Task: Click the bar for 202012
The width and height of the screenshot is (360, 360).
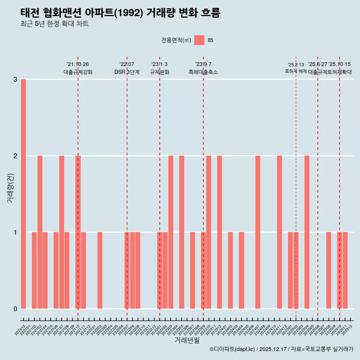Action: (x=23, y=194)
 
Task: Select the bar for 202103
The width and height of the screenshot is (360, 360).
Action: (x=40, y=232)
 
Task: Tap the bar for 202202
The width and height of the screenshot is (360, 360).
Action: (x=100, y=270)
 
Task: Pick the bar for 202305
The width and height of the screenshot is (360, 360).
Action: (x=181, y=232)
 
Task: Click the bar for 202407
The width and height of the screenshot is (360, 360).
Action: (x=258, y=232)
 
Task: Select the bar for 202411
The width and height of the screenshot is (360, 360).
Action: (x=279, y=232)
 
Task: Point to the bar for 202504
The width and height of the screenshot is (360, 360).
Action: (x=307, y=232)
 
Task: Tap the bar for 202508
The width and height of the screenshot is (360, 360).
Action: (x=328, y=270)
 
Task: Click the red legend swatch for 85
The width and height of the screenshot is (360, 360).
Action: (x=199, y=40)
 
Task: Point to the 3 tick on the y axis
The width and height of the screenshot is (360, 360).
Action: (x=15, y=79)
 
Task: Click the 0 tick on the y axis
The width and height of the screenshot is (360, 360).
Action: (x=15, y=309)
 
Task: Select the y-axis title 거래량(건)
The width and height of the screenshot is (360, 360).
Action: (x=10, y=187)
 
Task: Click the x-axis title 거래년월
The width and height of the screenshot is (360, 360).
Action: (x=187, y=340)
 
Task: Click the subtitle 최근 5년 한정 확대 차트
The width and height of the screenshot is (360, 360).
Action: (x=54, y=24)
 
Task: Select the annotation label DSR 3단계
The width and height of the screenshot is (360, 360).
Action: (x=127, y=72)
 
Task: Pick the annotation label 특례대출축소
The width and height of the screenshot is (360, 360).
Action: (x=203, y=72)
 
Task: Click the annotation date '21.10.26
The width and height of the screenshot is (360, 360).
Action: (x=78, y=64)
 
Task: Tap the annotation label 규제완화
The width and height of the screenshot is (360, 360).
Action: (x=159, y=72)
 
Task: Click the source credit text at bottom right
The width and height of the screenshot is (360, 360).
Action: (x=281, y=349)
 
